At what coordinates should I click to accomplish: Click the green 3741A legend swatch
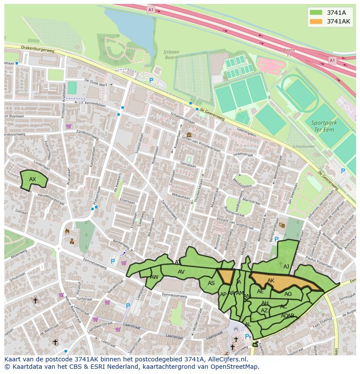[316, 13]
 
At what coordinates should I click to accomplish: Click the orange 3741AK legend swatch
[316, 21]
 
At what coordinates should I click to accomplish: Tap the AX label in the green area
[33, 179]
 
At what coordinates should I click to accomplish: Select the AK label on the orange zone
[271, 281]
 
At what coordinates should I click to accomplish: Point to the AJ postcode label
[286, 267]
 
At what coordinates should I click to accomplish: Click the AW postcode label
[154, 277]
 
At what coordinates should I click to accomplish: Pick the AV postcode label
[181, 272]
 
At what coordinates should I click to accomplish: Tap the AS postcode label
[211, 283]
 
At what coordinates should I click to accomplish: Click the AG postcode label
[288, 294]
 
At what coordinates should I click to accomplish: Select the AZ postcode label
[264, 311]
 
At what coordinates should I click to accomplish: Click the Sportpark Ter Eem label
[324, 126]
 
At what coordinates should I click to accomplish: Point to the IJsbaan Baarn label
[171, 55]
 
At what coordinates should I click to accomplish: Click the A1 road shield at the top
[150, 10]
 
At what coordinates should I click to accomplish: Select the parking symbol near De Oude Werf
[151, 80]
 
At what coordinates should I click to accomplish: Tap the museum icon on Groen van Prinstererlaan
[189, 135]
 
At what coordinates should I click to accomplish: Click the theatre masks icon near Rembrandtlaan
[282, 225]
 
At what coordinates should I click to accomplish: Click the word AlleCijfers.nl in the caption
[226, 359]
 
